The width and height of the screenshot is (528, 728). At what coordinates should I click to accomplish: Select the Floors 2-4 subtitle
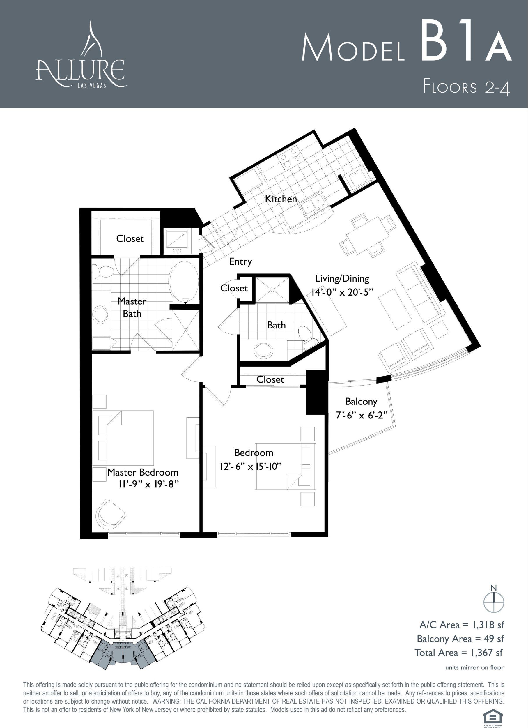[466, 87]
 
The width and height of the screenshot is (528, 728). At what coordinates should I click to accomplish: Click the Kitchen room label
[281, 199]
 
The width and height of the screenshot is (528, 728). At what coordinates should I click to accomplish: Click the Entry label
[241, 261]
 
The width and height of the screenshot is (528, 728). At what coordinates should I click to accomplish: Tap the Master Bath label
[132, 307]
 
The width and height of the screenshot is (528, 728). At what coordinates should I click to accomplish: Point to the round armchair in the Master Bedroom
[110, 515]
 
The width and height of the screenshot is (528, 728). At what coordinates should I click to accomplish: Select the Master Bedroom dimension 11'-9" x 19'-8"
[148, 484]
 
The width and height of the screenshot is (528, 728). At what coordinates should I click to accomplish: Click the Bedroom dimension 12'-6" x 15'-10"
[250, 466]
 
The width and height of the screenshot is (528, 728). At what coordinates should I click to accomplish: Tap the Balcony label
[361, 402]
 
